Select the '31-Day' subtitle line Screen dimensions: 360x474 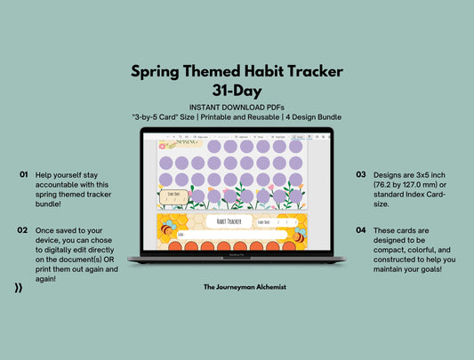(237, 91)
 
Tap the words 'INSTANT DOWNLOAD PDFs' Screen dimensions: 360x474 (237, 107)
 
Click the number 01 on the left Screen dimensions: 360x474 (22, 175)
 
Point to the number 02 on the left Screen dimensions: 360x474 (22, 229)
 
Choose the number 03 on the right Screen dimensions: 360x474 (361, 175)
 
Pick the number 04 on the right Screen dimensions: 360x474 (361, 229)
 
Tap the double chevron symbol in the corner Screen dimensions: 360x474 (19, 288)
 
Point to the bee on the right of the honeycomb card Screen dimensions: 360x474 (301, 236)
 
